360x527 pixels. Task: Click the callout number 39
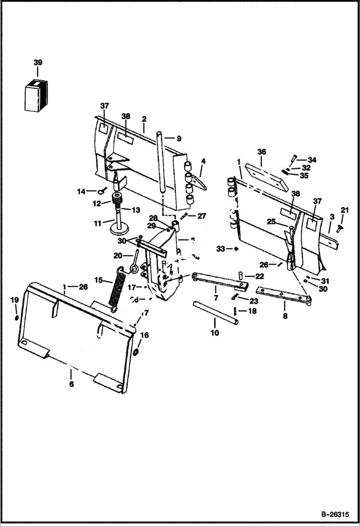click(x=37, y=63)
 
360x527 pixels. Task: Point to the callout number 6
click(x=71, y=384)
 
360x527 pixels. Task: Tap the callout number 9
click(x=179, y=138)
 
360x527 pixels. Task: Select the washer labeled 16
click(x=136, y=353)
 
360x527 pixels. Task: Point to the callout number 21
click(x=344, y=209)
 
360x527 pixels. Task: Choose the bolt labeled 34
click(x=293, y=159)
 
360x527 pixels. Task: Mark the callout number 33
click(x=221, y=248)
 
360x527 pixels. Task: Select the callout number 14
click(x=81, y=191)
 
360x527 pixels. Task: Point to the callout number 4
click(x=203, y=161)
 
